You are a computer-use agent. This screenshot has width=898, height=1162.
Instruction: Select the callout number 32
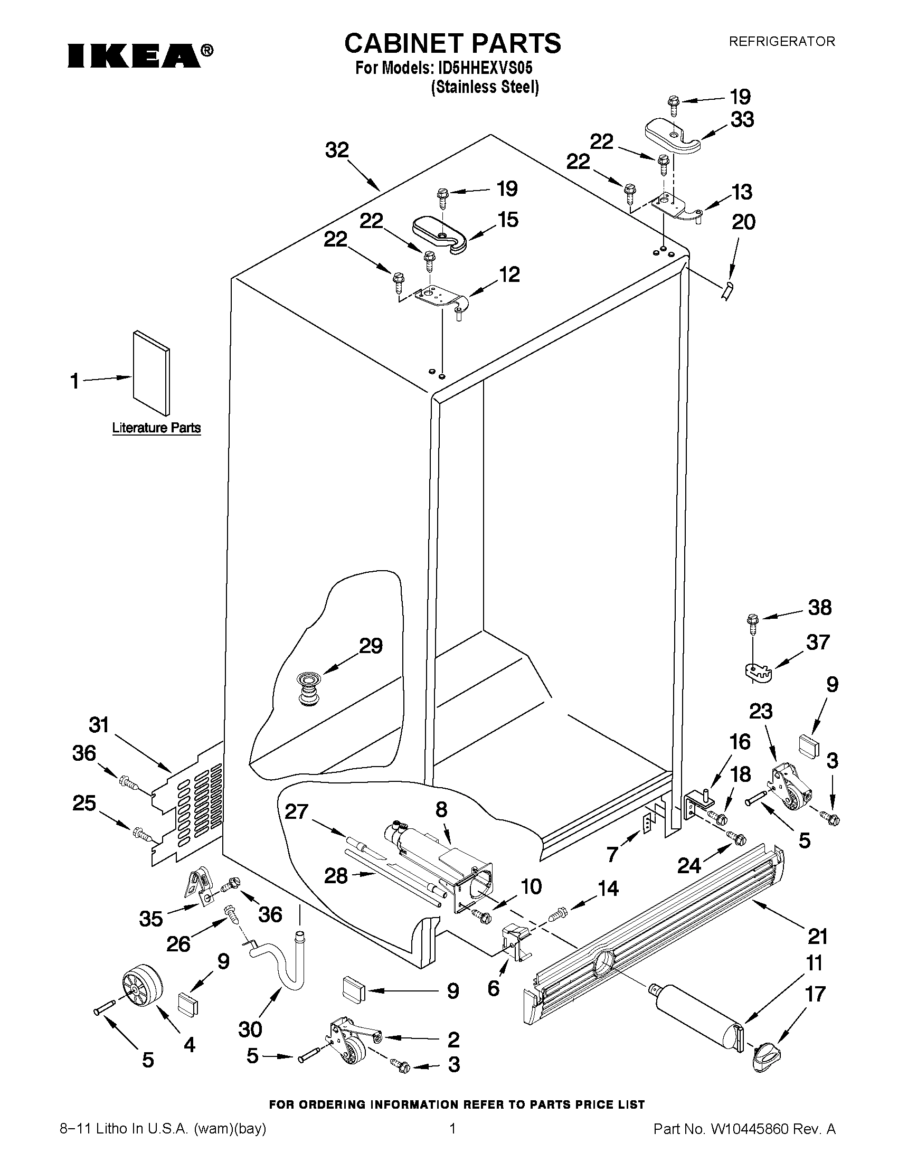337,150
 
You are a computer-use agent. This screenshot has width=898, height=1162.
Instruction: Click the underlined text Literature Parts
156,428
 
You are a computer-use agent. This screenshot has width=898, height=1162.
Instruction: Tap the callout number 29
371,646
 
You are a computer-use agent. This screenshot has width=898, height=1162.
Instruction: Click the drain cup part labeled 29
306,688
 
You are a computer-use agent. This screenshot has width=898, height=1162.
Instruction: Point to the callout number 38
820,607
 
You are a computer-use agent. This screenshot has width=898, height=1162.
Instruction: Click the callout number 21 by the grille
818,936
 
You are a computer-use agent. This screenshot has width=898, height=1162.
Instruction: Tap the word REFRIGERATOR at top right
781,41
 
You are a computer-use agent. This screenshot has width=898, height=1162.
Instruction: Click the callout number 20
743,221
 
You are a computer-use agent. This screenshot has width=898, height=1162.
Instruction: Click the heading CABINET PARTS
452,44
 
